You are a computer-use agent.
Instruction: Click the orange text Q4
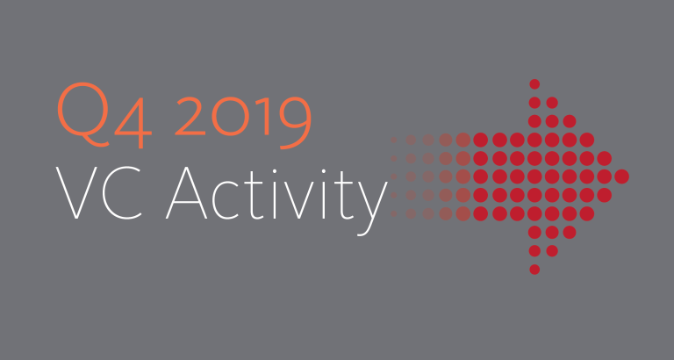point(104,115)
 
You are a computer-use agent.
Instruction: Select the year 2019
point(243,123)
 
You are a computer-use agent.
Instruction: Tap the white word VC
point(99,193)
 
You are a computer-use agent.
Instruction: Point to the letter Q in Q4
point(82,114)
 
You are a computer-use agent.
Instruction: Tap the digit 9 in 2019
point(296,123)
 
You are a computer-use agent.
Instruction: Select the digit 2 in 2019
point(190,116)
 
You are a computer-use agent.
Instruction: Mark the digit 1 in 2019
point(263,116)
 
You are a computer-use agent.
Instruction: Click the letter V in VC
point(76,193)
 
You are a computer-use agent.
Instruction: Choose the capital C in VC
point(122,193)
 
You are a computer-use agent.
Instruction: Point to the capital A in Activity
point(187,193)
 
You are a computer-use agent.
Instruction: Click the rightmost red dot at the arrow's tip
point(621,176)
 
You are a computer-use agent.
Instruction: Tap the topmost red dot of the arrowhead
point(534,84)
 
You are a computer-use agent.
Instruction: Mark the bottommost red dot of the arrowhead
point(534,270)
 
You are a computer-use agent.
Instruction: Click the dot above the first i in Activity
point(274,170)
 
